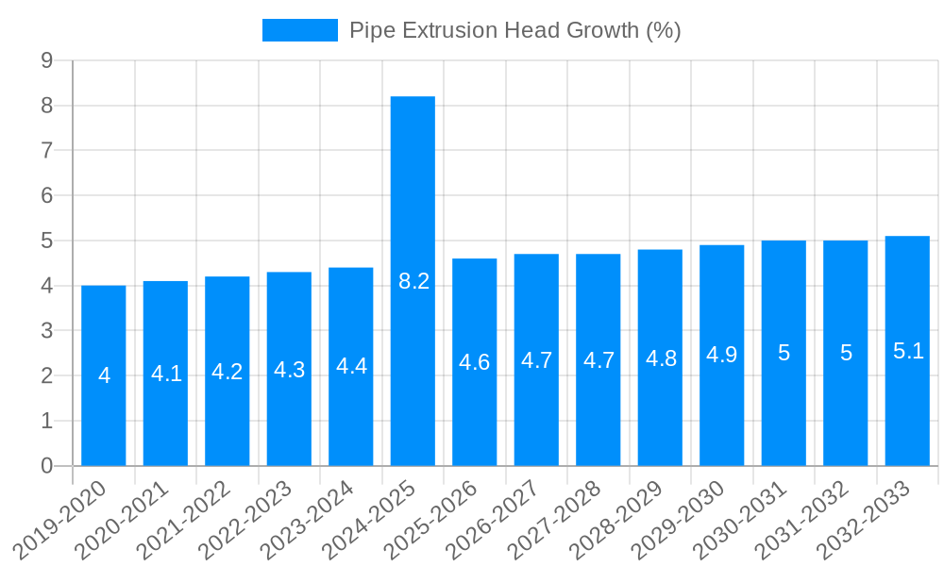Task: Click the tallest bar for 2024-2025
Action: pos(413,189)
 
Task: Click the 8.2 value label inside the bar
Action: pos(413,281)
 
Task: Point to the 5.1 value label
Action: pos(908,351)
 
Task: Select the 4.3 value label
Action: pos(289,370)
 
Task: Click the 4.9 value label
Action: pos(722,355)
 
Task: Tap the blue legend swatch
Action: pos(299,30)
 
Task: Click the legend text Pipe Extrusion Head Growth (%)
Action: pos(514,30)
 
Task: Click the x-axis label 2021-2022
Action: pos(186,520)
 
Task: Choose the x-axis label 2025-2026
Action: pos(433,520)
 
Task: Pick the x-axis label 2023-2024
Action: pos(310,520)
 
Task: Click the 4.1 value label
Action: pos(166,374)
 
